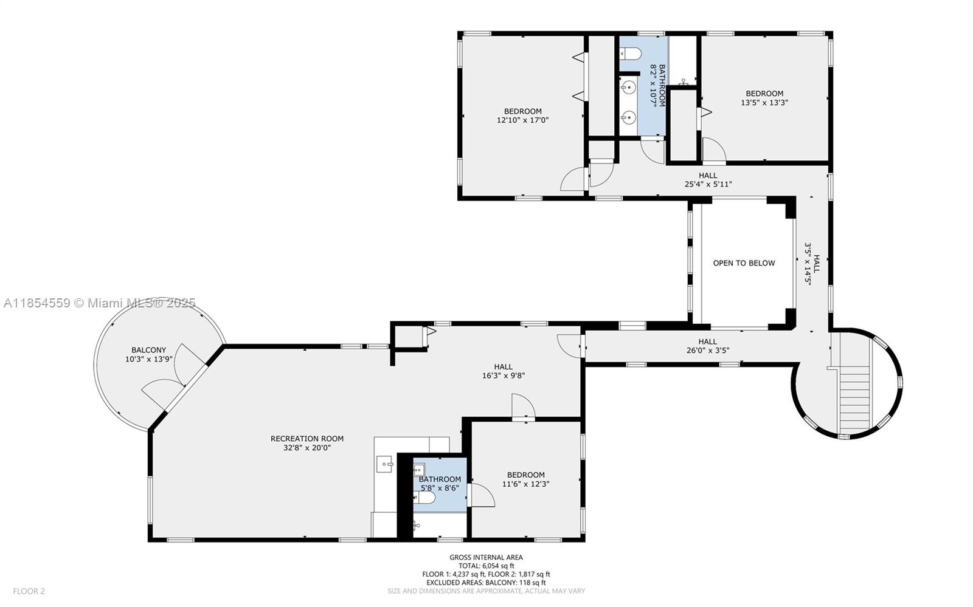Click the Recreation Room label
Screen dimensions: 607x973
(306, 438)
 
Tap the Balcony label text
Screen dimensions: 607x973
(148, 350)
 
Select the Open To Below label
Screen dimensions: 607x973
(744, 263)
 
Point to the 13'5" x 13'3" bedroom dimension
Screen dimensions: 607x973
(764, 103)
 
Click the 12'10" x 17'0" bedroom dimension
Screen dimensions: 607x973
(522, 120)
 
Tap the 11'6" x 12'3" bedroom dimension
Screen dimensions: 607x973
(525, 484)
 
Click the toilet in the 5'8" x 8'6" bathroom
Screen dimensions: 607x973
(425, 498)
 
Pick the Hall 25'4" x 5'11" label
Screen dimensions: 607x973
(707, 179)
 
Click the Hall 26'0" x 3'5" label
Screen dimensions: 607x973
(707, 346)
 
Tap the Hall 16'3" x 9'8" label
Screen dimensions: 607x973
(503, 371)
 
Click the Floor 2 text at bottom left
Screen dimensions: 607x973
(29, 591)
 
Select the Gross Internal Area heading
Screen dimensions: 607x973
(486, 557)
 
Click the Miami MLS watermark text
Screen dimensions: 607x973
(100, 303)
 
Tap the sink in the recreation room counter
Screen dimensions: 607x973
(385, 464)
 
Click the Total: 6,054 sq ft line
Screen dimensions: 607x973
(486, 566)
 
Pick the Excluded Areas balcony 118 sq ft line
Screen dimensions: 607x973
(486, 582)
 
